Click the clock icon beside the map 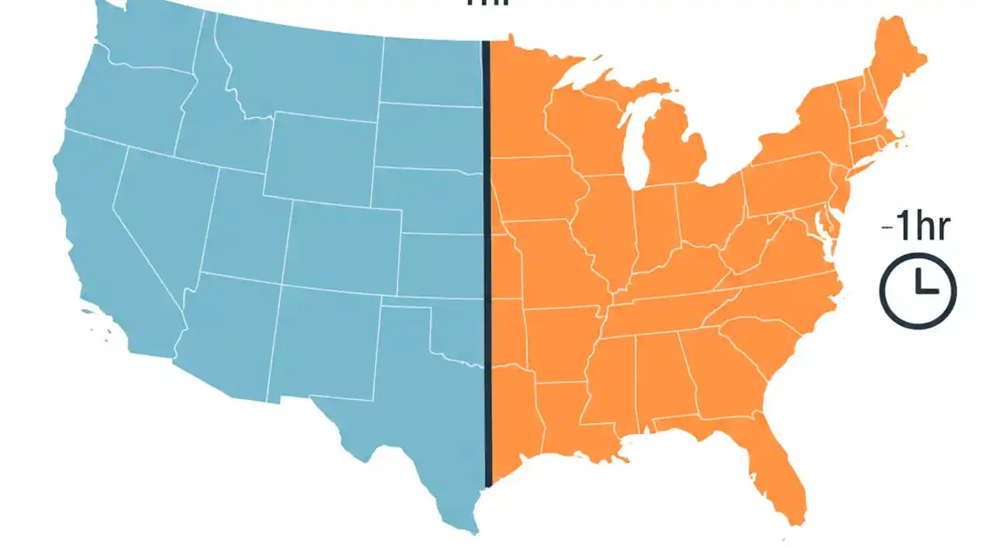918,291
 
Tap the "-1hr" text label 915,229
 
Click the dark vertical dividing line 487,263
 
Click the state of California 93,232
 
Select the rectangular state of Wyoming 318,155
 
